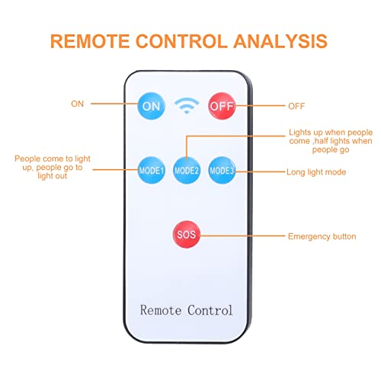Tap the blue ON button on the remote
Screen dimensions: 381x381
[151, 106]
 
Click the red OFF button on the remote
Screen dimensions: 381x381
[222, 106]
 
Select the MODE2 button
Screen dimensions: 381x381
[187, 170]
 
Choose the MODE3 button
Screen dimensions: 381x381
[222, 170]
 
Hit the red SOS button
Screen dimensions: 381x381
[187, 234]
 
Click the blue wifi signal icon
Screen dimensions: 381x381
[187, 106]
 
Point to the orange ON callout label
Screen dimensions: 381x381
[77, 104]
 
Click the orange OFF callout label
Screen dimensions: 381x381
[296, 106]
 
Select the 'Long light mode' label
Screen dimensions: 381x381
[316, 172]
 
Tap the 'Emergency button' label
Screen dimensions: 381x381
[322, 236]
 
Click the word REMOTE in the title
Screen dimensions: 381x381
[90, 41]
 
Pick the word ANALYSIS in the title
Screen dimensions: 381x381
[280, 41]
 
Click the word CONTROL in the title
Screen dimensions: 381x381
[181, 41]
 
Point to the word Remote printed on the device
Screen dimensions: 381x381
[161, 310]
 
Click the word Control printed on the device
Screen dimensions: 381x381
[210, 310]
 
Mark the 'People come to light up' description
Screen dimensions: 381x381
[53, 167]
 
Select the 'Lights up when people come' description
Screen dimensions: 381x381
[331, 141]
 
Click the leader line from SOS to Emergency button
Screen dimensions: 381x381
[242, 235]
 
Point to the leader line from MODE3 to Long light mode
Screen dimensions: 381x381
[260, 171]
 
